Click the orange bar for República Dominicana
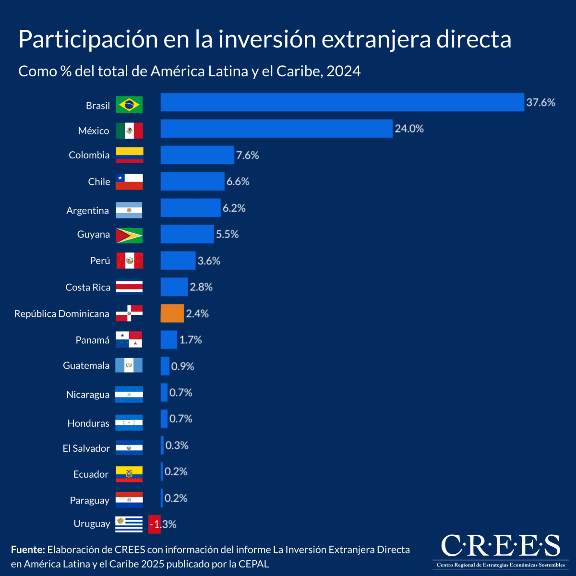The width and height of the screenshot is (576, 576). tap(172, 313)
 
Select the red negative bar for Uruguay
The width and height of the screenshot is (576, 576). tap(154, 524)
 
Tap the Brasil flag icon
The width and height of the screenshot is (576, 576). tap(129, 105)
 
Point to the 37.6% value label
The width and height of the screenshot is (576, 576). tap(540, 102)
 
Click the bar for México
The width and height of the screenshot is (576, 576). tap(276, 129)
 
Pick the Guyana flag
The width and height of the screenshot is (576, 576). tap(129, 235)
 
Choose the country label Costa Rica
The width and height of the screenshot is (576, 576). tap(88, 287)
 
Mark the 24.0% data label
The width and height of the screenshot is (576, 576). tap(409, 129)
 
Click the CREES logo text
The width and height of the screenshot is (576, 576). tap(500, 546)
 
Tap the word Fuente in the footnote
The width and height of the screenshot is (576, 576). tap(28, 550)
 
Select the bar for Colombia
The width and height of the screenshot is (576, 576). tap(197, 155)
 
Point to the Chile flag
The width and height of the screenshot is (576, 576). tap(129, 182)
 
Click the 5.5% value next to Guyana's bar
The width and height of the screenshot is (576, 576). tap(227, 234)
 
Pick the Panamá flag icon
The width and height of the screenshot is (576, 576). tap(129, 339)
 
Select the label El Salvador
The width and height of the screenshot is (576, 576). tap(86, 448)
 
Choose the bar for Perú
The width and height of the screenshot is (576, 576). tap(178, 261)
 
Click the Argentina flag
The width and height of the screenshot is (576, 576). tap(129, 210)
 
